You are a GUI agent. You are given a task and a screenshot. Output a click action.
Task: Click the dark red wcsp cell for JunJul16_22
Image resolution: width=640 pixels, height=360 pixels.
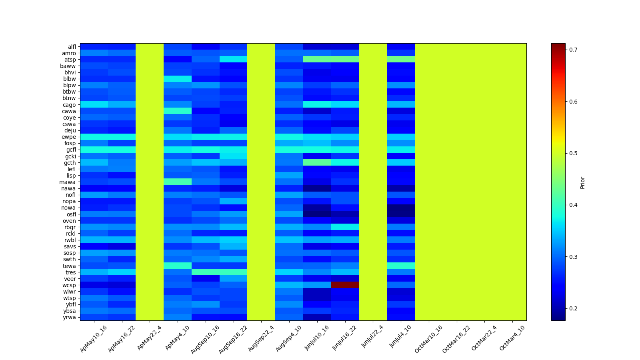345,285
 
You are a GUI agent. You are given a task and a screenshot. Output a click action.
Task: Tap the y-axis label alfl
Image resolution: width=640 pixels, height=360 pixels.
72,47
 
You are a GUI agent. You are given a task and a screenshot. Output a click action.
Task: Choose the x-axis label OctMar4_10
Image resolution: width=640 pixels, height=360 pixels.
512,338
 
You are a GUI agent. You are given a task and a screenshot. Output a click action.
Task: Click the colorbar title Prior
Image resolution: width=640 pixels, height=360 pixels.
582,182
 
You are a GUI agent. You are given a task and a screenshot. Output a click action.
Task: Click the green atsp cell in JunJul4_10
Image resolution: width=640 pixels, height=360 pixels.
400,60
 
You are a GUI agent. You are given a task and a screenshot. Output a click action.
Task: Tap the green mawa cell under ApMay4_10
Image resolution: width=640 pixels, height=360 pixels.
177,182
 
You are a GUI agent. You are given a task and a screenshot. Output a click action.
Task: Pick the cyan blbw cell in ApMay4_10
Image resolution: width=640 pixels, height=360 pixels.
177,79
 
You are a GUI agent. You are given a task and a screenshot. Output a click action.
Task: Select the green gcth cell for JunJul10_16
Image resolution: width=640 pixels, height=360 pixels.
317,162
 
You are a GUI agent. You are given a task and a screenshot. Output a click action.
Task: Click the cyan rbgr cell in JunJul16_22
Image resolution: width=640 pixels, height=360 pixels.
345,227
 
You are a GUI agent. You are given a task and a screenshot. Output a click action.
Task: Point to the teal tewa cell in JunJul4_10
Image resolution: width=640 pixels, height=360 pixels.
400,266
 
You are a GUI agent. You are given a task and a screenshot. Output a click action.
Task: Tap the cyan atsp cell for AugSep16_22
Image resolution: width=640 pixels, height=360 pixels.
233,60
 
